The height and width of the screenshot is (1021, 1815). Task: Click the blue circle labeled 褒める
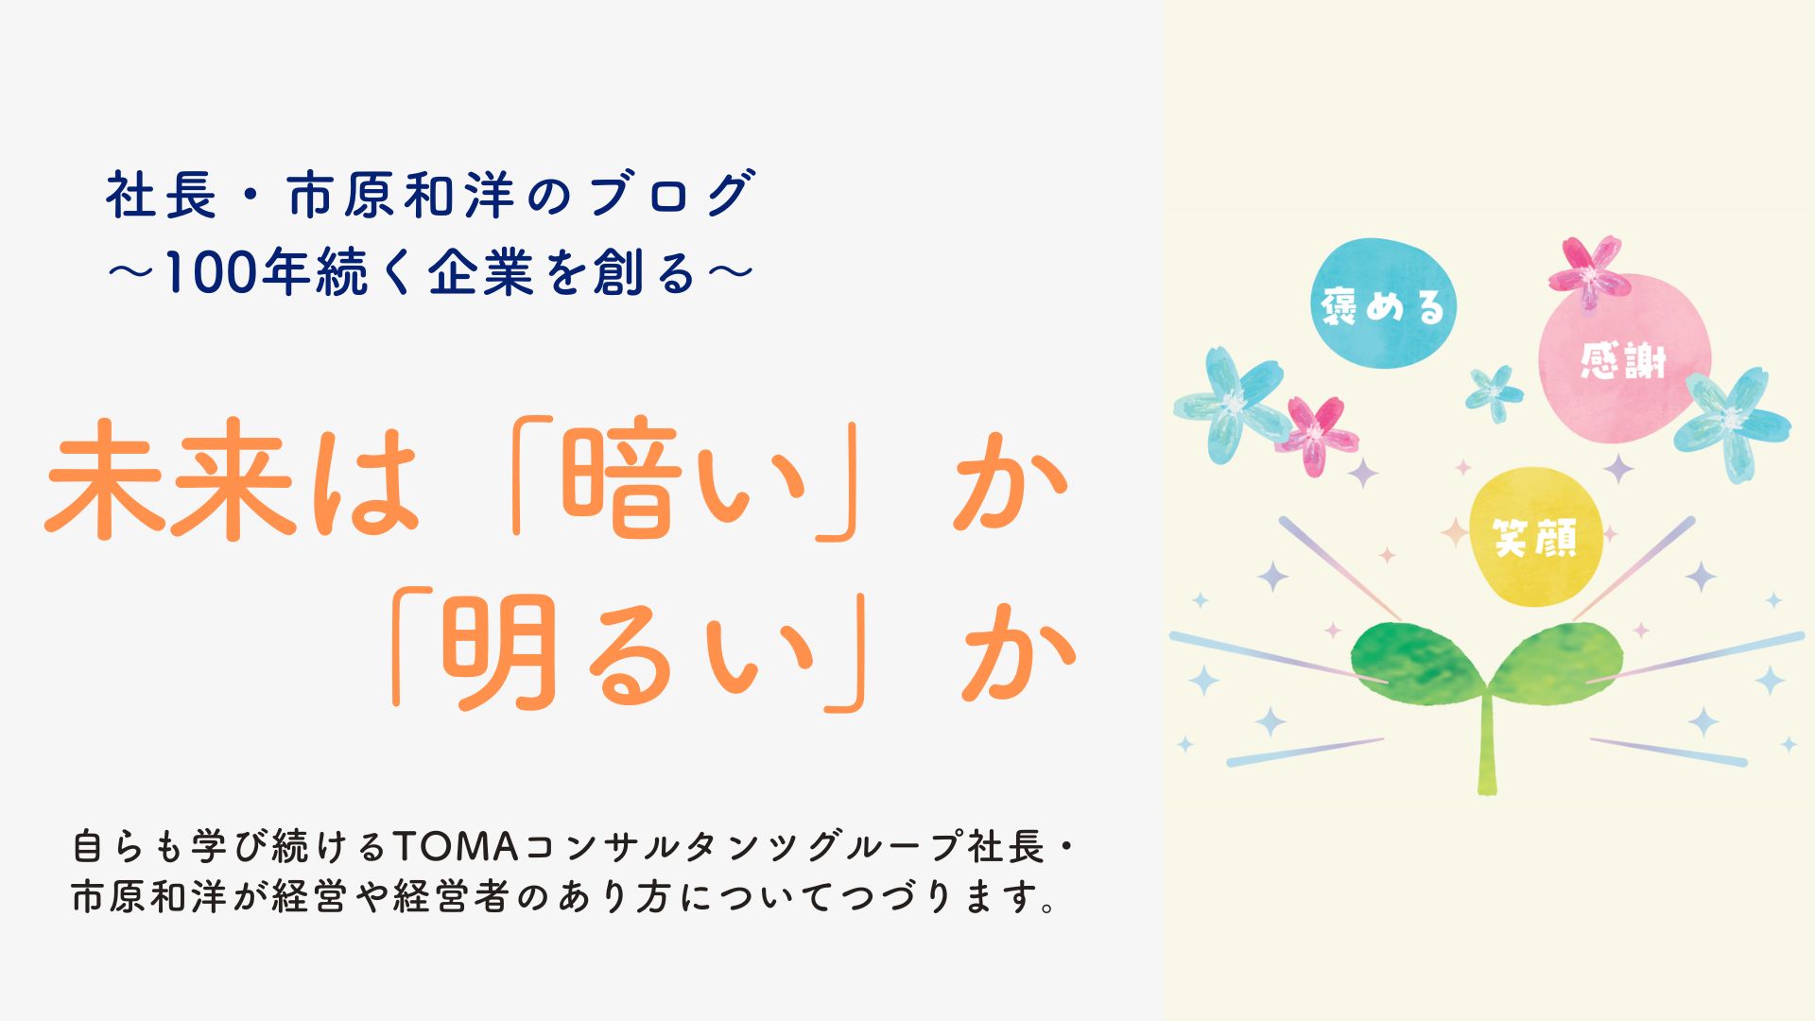coord(1384,304)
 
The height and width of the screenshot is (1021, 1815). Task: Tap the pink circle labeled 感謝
coord(1624,360)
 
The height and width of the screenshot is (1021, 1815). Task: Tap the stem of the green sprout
coord(1487,747)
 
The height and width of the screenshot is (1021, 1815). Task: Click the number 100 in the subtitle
coord(208,274)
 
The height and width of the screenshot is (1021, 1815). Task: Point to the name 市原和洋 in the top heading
coord(401,196)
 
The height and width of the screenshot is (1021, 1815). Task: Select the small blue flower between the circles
coord(1495,391)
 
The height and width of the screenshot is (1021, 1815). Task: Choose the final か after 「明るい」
coord(1019,653)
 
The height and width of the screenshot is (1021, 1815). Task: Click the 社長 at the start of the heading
coord(161,196)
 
